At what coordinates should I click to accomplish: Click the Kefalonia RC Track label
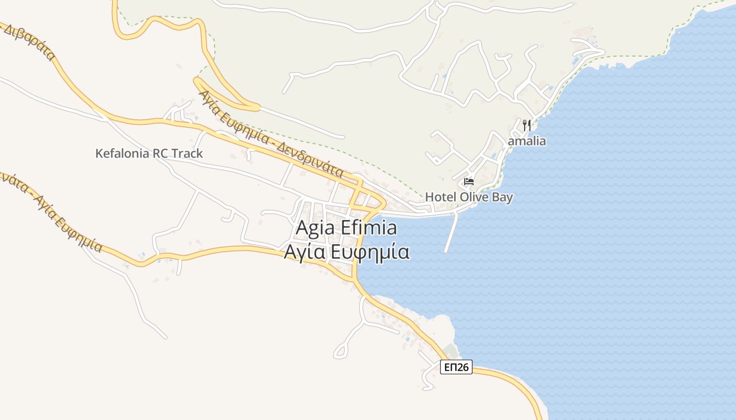point(149,153)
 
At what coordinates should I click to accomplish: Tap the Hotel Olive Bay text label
point(469,197)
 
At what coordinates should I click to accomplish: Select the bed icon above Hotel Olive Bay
point(469,182)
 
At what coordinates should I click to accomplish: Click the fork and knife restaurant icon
point(527,125)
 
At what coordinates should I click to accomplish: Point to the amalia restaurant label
point(527,141)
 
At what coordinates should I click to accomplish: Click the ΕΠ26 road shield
point(456,367)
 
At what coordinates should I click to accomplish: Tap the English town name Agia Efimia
point(346,228)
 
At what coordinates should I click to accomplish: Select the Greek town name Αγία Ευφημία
point(346,252)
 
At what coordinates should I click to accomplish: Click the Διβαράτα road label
point(29,42)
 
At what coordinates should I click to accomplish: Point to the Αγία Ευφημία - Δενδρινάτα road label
point(271,134)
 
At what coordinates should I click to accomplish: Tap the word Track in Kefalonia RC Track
point(188,153)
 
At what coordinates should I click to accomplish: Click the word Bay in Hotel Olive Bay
point(501,197)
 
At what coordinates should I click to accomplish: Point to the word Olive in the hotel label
point(473,197)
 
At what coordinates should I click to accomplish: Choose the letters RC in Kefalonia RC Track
point(161,153)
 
